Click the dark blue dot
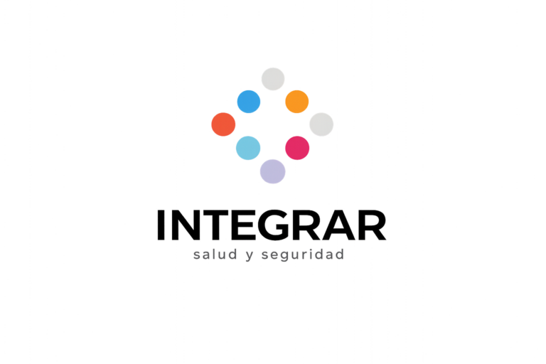tap(249, 102)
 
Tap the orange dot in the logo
tap(297, 102)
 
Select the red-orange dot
tap(223, 124)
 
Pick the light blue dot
tap(248, 148)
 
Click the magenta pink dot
tap(297, 148)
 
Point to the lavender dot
tap(273, 171)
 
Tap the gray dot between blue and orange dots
tap(273, 79)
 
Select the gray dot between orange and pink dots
tap(321, 124)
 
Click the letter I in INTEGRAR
tap(161, 225)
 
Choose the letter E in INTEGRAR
tap(245, 225)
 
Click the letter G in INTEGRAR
tap(274, 225)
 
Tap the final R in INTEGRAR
tap(373, 225)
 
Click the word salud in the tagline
tap(215, 255)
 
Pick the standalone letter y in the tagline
tap(250, 256)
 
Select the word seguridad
tap(303, 255)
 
